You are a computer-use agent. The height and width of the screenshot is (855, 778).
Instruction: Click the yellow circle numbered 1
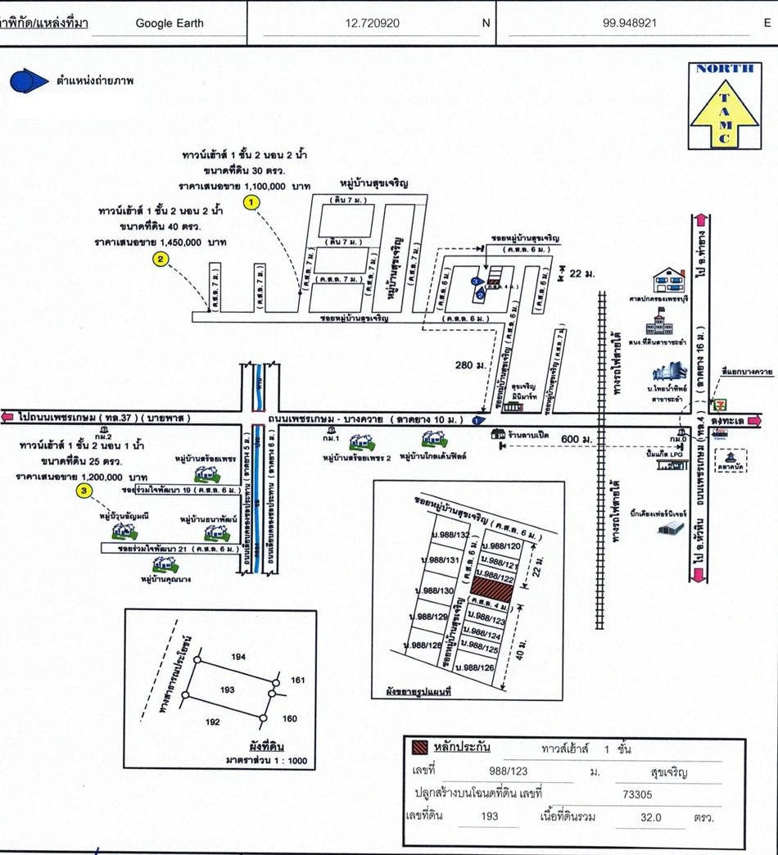point(251,201)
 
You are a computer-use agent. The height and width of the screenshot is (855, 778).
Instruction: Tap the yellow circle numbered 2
point(161,260)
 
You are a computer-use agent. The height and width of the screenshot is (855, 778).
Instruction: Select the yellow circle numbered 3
point(83,491)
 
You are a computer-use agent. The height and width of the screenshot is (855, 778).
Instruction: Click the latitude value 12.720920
point(373,23)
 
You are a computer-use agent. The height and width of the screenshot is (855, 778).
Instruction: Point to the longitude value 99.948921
point(630,23)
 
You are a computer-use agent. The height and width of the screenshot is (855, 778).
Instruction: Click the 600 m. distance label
point(576,440)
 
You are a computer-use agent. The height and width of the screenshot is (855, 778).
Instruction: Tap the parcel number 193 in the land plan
point(228,690)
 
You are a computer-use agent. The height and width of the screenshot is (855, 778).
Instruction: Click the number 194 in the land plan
point(238,658)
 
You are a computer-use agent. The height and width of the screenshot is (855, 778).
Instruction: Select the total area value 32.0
point(652,817)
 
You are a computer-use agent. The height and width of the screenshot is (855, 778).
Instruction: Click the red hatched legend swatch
point(418,747)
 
